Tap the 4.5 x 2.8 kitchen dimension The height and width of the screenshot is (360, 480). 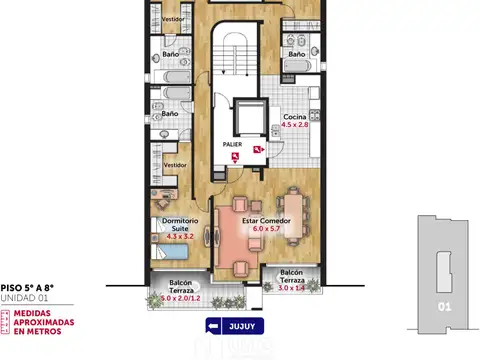(294, 125)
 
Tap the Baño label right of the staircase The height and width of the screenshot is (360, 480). (297, 54)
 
